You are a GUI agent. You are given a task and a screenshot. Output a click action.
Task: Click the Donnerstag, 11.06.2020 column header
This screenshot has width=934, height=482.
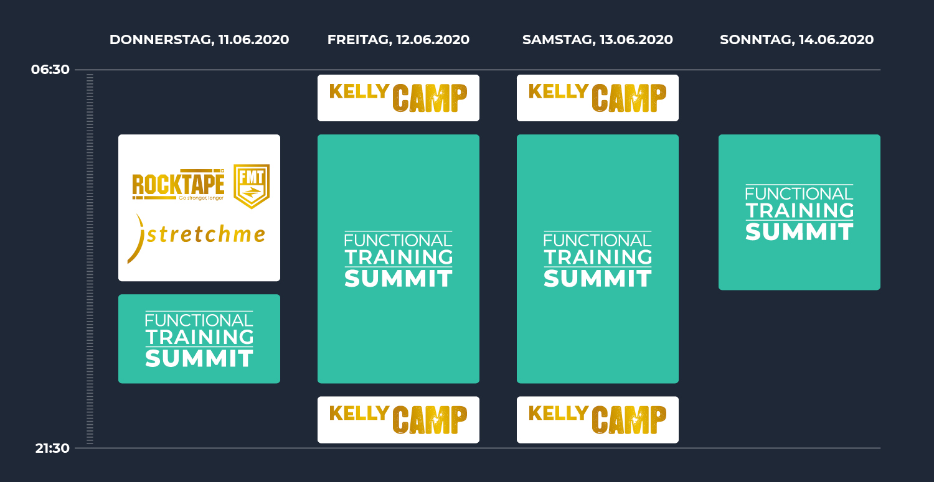tap(199, 40)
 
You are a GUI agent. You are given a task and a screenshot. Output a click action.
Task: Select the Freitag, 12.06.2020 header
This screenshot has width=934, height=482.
tap(399, 40)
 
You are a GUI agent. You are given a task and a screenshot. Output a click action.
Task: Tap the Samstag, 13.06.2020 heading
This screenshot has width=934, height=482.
tap(598, 40)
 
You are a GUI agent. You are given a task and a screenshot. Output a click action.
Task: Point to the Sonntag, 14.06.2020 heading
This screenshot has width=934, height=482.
tap(796, 40)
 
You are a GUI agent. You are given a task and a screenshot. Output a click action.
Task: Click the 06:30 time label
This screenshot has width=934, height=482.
tap(50, 69)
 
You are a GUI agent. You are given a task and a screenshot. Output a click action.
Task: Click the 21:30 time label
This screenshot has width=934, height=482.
tap(52, 448)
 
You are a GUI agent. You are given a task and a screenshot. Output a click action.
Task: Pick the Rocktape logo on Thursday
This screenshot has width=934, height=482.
tap(179, 185)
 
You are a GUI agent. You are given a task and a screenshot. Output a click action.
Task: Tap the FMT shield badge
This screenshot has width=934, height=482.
tap(252, 186)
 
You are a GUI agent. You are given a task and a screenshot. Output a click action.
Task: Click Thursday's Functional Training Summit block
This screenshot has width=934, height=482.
tap(199, 339)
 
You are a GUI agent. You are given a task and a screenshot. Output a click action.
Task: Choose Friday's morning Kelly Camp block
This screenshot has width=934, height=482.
tap(399, 98)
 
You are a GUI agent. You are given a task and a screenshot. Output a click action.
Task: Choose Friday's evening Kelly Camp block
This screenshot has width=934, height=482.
tap(399, 420)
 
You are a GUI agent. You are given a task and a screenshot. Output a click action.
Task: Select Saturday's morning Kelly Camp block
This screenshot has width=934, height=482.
tap(598, 98)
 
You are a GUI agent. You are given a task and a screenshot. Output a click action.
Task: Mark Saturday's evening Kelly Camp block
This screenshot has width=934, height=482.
tap(598, 420)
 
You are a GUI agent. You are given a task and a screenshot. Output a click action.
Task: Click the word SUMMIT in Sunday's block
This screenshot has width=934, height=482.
tap(800, 232)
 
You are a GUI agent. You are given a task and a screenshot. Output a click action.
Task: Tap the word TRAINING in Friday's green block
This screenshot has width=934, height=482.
tap(399, 257)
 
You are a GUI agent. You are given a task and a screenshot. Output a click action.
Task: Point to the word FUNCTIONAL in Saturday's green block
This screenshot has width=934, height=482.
tap(598, 240)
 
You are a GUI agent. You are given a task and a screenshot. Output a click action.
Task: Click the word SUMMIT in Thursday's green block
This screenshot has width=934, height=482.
tap(199, 359)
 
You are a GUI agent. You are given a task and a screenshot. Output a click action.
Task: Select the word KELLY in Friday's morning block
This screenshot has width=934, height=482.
tap(359, 91)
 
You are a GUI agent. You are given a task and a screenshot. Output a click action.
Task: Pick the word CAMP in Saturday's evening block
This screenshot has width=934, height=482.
tap(629, 420)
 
